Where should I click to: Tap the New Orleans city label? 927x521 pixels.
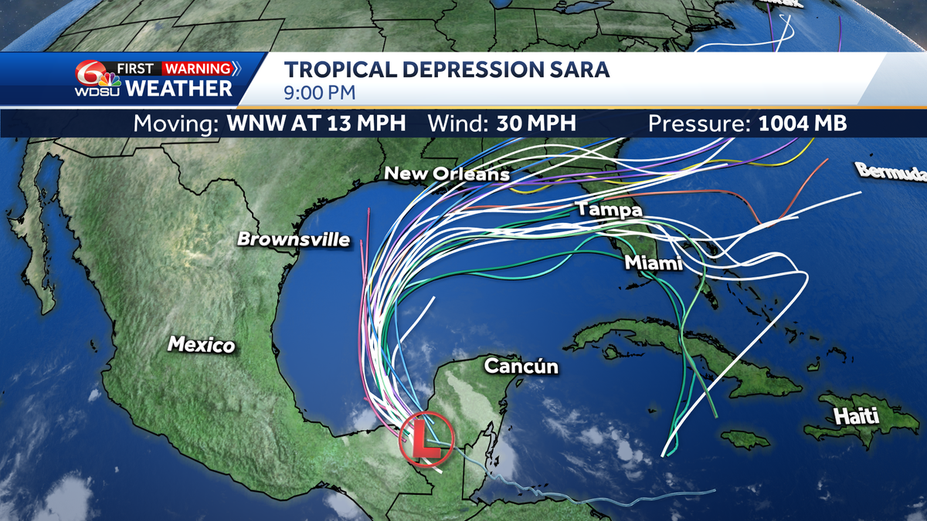[x=447, y=174]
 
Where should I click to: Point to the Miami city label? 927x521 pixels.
[x=653, y=263]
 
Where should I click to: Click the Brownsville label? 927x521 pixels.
[x=294, y=239]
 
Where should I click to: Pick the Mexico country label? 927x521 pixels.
[x=202, y=344]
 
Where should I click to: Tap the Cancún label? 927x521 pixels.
[x=521, y=366]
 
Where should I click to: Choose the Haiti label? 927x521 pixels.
[x=856, y=417]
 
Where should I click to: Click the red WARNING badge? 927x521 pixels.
[x=196, y=69]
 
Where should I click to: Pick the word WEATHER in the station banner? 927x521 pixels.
[x=178, y=88]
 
